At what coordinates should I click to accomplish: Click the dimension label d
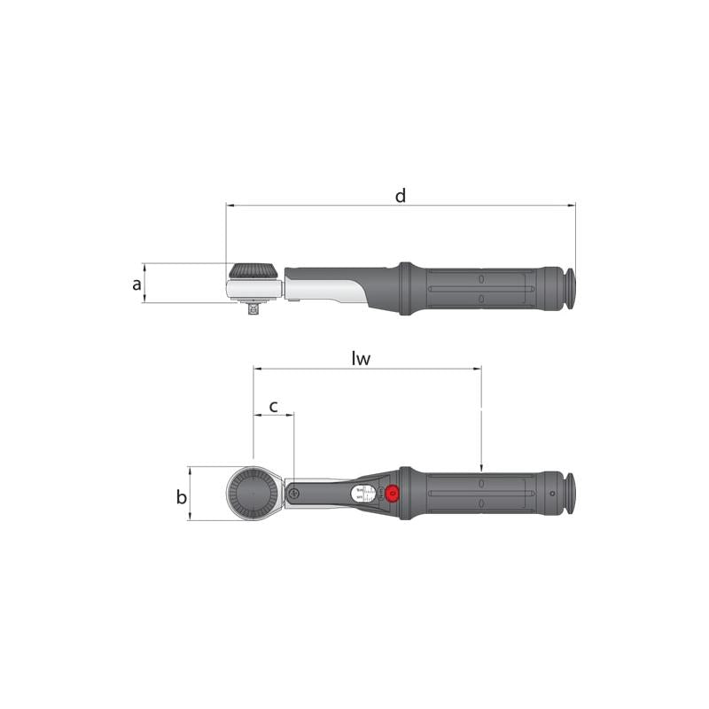pos(401,195)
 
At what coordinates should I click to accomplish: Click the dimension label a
pos(136,284)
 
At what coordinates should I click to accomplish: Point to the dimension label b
pos(182,497)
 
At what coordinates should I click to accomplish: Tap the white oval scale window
pos(362,495)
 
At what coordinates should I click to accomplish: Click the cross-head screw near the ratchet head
pos(292,495)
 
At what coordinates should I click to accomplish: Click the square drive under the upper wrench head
pos(254,308)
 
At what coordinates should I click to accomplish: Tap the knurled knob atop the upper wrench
pos(253,270)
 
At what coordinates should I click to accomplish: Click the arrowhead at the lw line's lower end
pos(481,468)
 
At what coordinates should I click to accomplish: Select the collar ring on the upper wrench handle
pos(406,288)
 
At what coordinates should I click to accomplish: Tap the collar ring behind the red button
pos(407,494)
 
